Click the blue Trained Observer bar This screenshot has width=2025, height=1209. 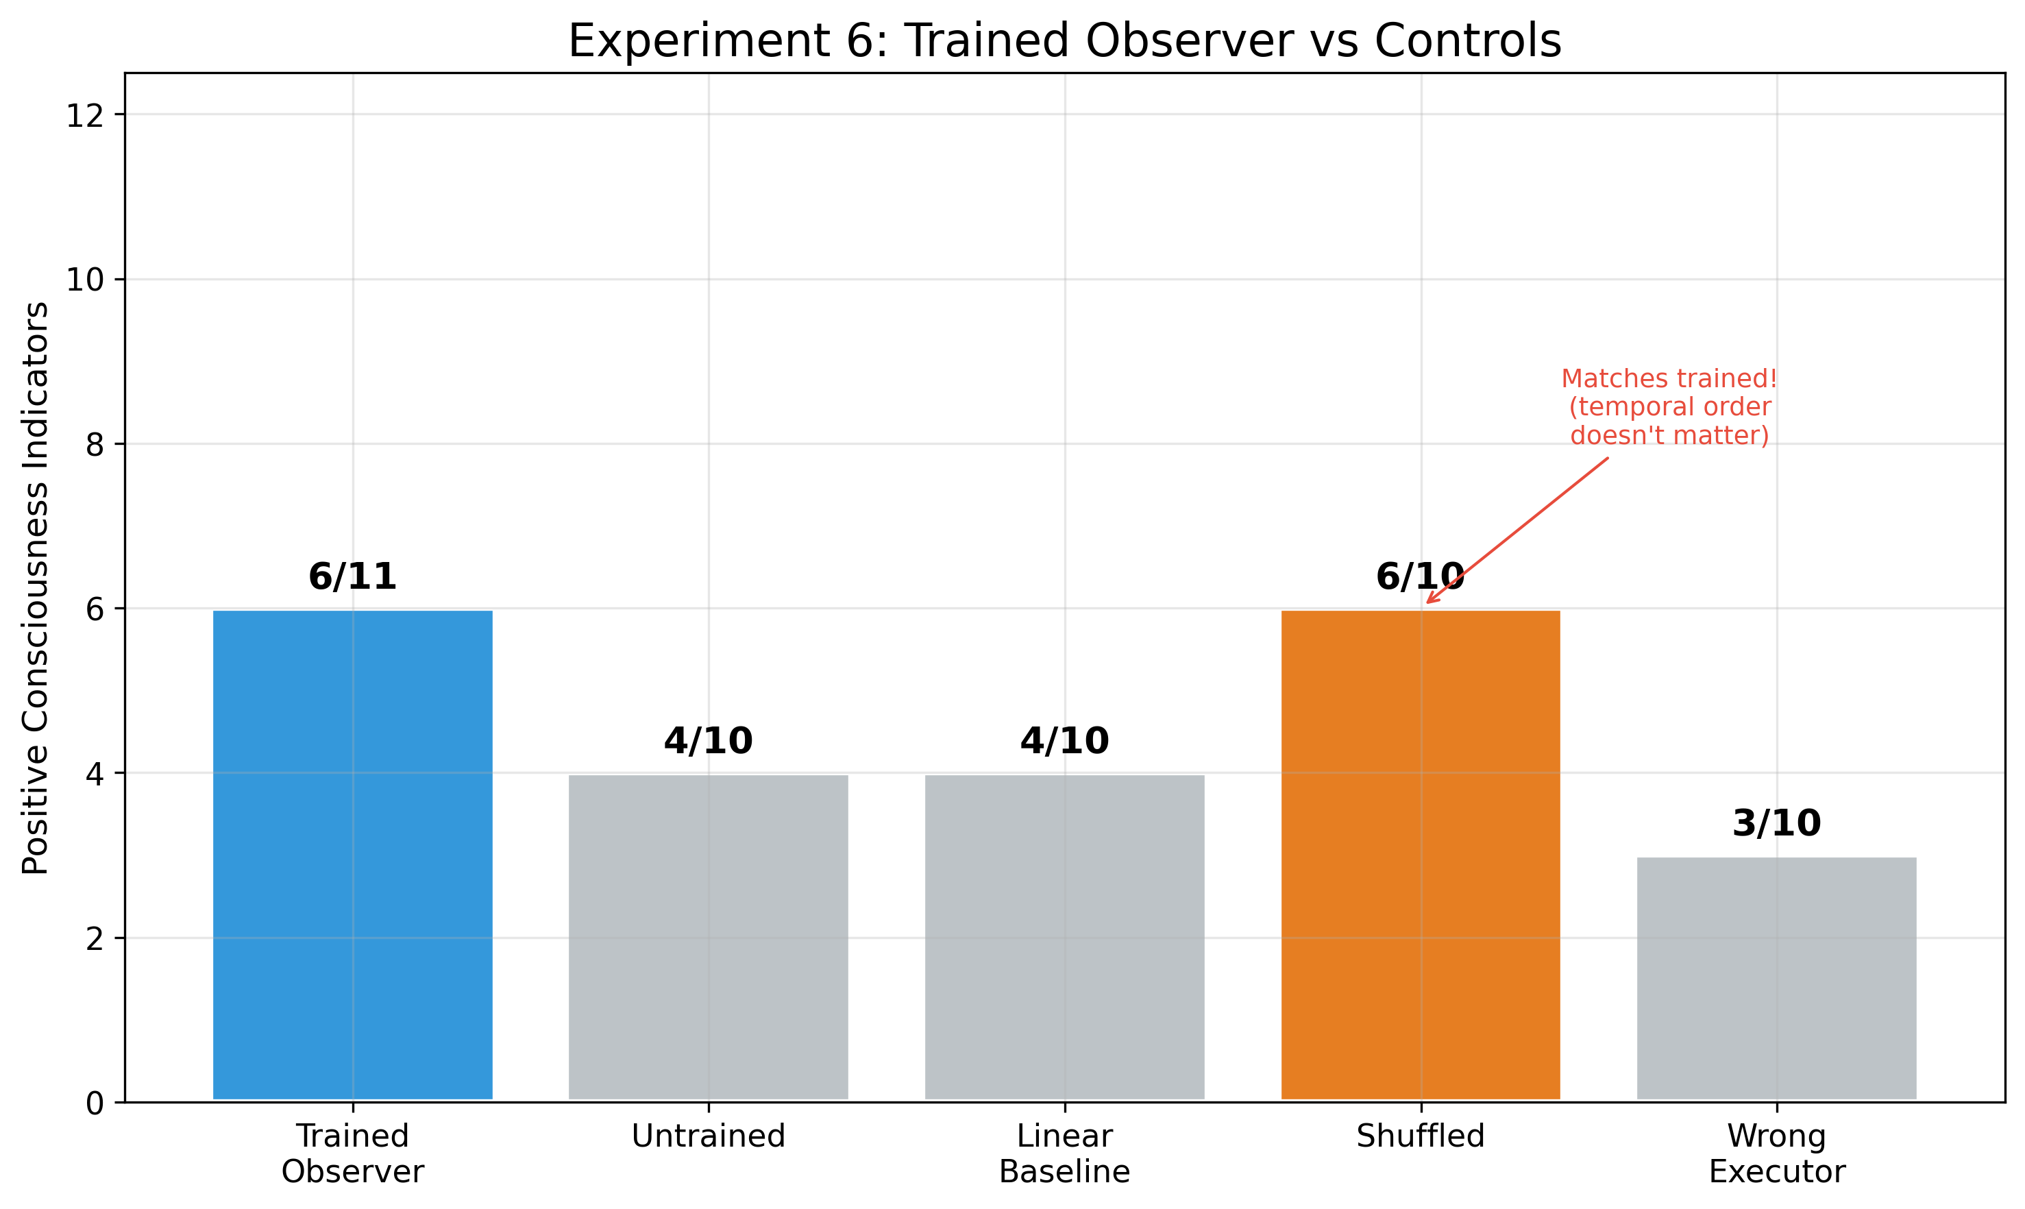point(353,855)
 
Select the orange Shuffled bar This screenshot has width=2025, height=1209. point(1421,855)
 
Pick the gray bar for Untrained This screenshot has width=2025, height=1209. point(708,937)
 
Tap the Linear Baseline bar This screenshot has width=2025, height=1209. point(1065,937)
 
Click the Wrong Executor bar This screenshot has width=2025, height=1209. point(1776,977)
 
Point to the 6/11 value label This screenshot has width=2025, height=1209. point(353,578)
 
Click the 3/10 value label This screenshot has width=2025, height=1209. point(1776,824)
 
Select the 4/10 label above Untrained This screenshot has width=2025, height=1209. point(708,742)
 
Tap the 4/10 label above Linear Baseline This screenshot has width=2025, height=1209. point(1065,742)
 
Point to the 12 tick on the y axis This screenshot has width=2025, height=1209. point(85,116)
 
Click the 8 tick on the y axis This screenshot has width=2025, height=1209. point(95,445)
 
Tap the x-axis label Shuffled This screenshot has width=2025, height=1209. point(1421,1136)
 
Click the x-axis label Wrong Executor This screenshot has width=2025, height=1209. point(1776,1153)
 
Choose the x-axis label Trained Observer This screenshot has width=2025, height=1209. point(353,1153)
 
